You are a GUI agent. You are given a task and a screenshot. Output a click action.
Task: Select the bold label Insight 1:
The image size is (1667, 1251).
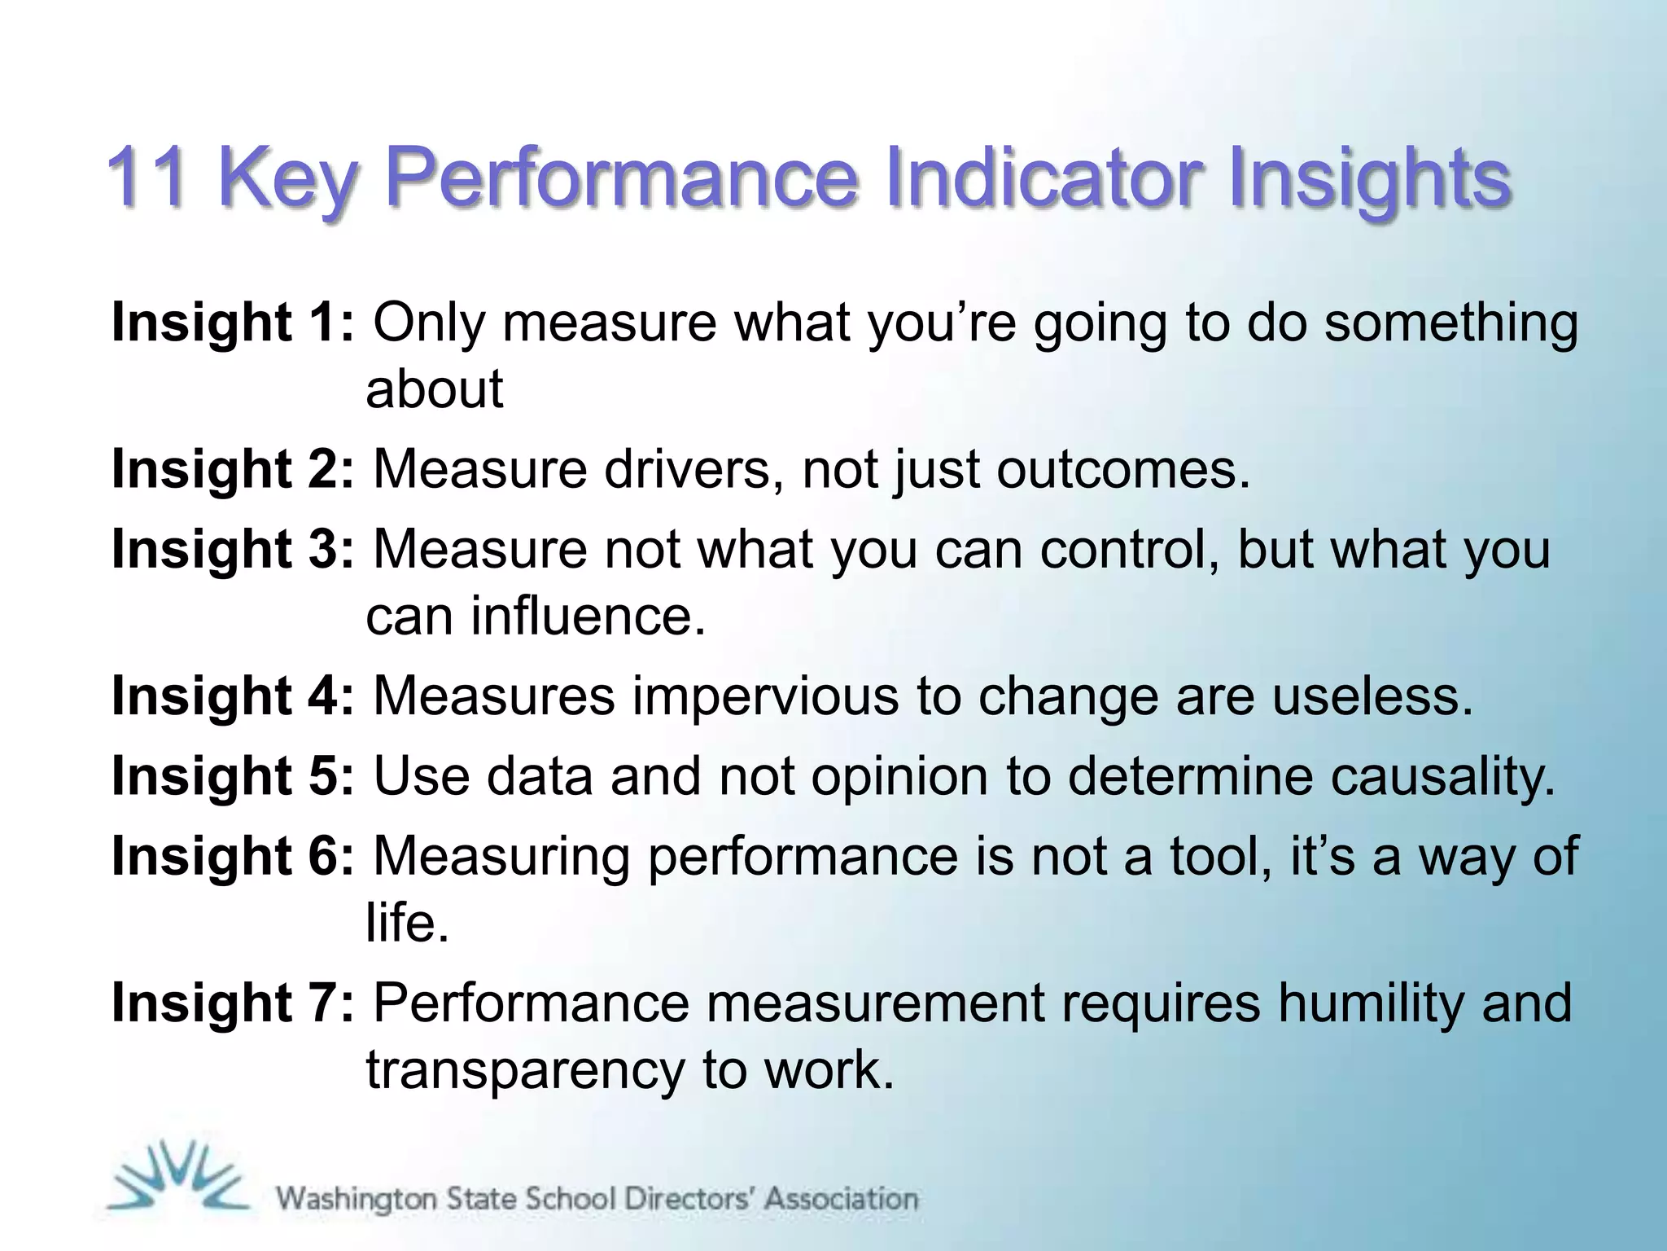[x=233, y=322]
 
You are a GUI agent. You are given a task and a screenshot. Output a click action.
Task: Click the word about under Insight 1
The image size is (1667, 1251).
[x=435, y=388]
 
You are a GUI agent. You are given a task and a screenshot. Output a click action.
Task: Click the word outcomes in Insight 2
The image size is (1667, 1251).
[x=1122, y=469]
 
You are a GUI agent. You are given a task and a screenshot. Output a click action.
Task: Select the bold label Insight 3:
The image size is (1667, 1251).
[x=233, y=548]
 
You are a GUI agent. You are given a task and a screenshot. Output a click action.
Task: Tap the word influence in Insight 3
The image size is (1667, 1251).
[x=586, y=615]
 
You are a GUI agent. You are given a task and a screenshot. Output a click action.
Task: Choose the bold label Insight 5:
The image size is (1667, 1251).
[x=233, y=775]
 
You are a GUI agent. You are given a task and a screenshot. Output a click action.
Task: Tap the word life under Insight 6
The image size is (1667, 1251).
[x=406, y=923]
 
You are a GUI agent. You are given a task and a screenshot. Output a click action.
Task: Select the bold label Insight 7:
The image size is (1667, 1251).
[x=233, y=1003]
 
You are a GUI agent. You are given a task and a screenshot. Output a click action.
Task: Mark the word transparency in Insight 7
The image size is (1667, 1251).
[x=525, y=1069]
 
